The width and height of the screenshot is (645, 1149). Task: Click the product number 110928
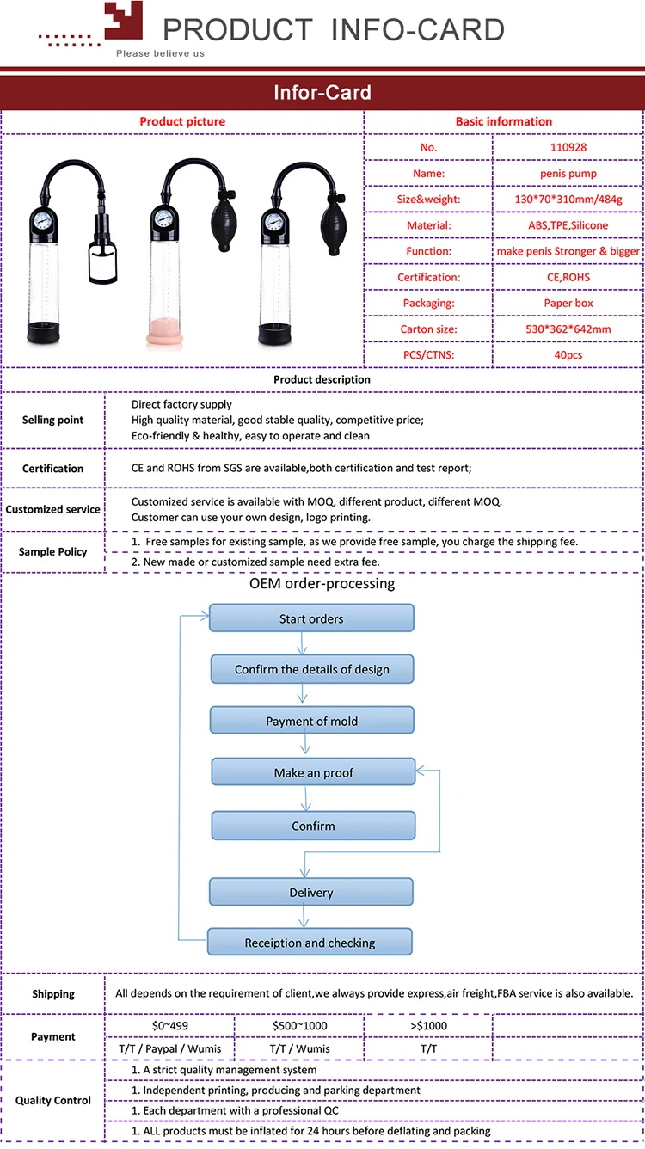coord(568,147)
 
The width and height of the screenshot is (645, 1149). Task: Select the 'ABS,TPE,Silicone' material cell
coord(568,225)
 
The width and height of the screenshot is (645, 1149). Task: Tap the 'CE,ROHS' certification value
coord(568,277)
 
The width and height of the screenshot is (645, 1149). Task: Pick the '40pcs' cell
coord(568,354)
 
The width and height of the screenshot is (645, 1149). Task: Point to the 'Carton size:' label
coord(428,329)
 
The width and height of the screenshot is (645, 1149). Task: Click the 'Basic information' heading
coord(504,121)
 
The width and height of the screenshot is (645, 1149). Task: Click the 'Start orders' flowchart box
coord(312,618)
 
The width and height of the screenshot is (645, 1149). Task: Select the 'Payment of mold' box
coord(312,721)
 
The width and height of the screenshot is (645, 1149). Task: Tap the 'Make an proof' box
coord(313,772)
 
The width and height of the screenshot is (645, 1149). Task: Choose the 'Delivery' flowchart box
coord(311,892)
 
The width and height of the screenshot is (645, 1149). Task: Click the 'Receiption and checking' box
coord(310,943)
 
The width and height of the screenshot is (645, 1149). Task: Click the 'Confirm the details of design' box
coord(312,669)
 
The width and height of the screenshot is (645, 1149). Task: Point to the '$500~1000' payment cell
coord(299,1025)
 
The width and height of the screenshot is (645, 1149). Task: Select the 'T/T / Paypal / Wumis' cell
coord(169,1048)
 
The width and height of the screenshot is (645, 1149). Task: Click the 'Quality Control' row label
coord(53,1100)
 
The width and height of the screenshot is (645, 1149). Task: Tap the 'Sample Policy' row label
coord(53,551)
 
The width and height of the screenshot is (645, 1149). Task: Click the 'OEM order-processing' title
coord(322,583)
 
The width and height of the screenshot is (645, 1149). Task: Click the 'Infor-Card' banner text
coord(322,93)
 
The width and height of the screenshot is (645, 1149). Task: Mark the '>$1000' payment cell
coord(427,1025)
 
